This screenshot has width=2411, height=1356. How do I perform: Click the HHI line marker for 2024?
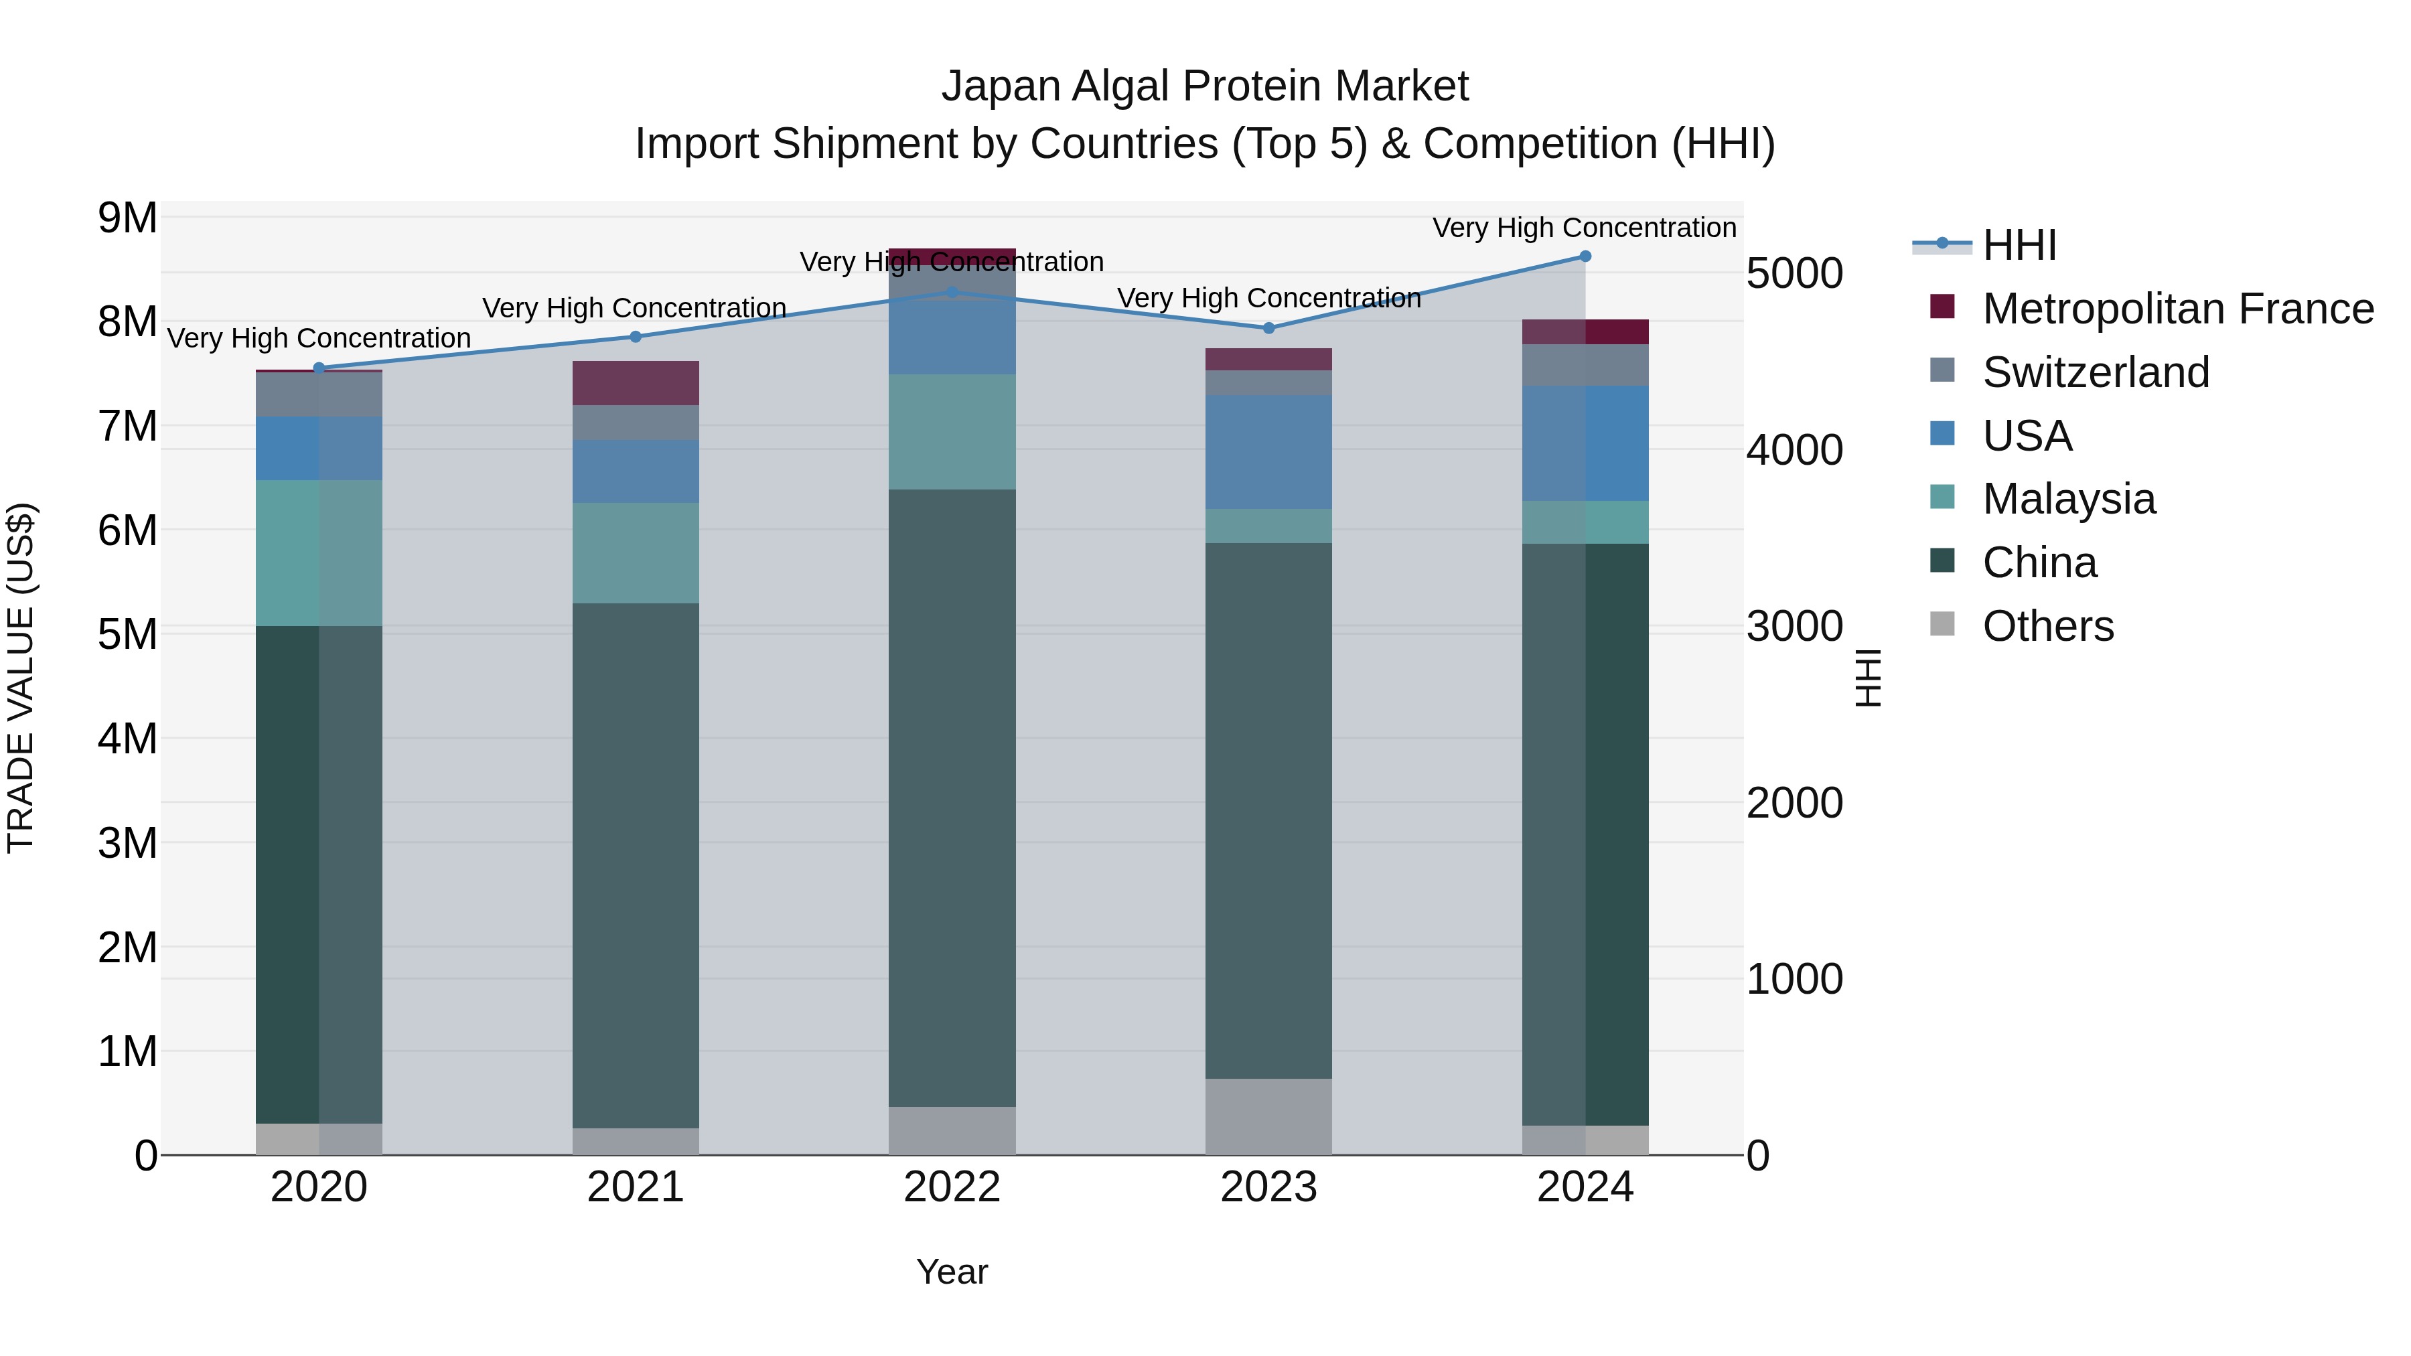tap(1585, 256)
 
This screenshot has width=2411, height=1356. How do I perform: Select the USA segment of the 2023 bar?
tap(1268, 451)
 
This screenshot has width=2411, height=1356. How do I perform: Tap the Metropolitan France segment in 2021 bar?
tap(636, 383)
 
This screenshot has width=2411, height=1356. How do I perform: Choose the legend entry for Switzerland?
tap(2096, 372)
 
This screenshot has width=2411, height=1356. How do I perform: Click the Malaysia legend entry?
tap(2069, 499)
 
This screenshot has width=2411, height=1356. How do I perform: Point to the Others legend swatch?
tap(1942, 624)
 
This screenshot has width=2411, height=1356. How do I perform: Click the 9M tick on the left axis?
tap(127, 218)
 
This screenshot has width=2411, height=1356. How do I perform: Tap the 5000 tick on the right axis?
tap(1794, 273)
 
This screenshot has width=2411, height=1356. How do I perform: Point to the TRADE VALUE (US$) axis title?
tap(21, 678)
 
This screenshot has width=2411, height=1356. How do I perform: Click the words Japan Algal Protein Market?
tap(1205, 86)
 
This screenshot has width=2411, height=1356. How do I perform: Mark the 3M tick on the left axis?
tap(127, 843)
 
